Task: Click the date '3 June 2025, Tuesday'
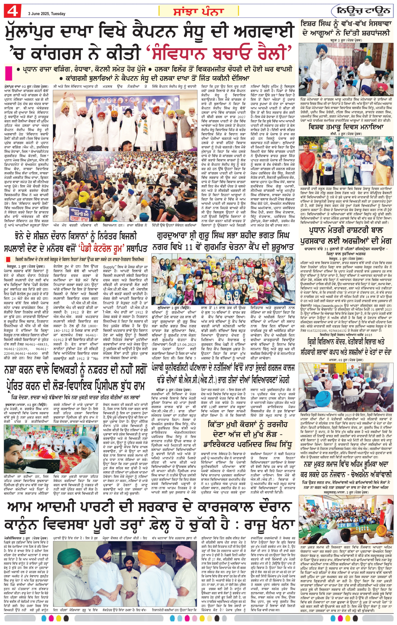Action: [x=47, y=14]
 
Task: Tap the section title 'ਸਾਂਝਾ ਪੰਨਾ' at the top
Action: [x=198, y=11]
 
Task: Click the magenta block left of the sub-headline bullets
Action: [x=9, y=73]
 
